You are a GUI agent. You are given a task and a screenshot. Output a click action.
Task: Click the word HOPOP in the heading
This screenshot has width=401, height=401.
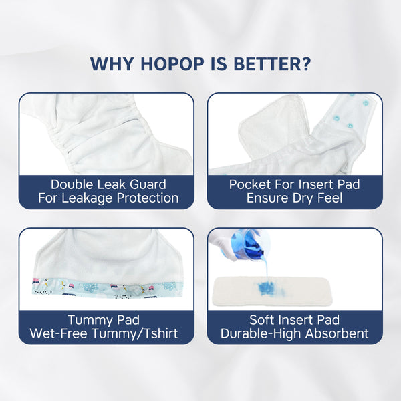click(x=172, y=63)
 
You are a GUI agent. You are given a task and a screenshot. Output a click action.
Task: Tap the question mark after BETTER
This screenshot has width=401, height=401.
click(x=306, y=63)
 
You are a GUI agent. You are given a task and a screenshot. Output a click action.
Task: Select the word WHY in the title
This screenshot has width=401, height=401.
click(x=112, y=63)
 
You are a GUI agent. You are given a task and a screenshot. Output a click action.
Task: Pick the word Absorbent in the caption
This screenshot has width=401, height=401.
click(x=337, y=333)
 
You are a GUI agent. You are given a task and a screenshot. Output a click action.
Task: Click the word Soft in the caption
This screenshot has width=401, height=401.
click(x=262, y=319)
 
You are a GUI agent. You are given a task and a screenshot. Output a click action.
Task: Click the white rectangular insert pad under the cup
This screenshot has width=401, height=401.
click(x=271, y=291)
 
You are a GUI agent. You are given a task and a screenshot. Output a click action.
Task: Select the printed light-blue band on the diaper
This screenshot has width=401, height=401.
click(x=108, y=289)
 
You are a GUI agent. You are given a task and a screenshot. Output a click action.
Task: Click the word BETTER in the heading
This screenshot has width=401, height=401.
click(x=267, y=63)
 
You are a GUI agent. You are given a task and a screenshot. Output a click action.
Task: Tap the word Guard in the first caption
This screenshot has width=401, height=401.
click(x=148, y=184)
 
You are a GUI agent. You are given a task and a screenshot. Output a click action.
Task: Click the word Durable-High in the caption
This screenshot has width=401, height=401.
click(x=261, y=333)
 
